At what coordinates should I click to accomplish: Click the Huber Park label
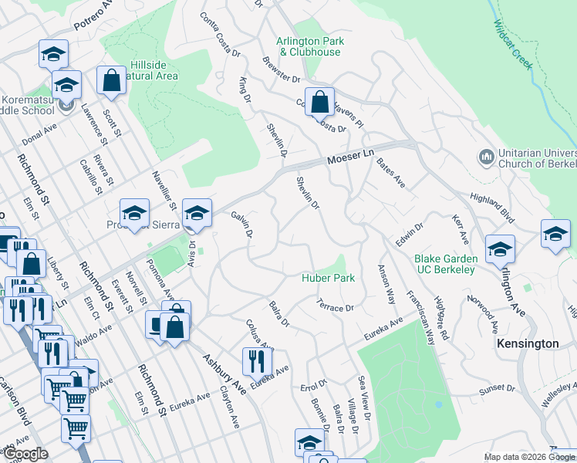[328, 278]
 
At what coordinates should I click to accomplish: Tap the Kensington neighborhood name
[528, 343]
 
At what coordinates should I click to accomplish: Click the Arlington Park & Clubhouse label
[309, 46]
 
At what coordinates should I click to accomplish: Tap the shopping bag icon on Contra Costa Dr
[319, 101]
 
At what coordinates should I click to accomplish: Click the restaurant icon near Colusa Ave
[257, 360]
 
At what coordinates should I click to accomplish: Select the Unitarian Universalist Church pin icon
[486, 157]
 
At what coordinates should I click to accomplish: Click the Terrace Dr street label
[335, 307]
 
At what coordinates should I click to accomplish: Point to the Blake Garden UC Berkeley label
[444, 264]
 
